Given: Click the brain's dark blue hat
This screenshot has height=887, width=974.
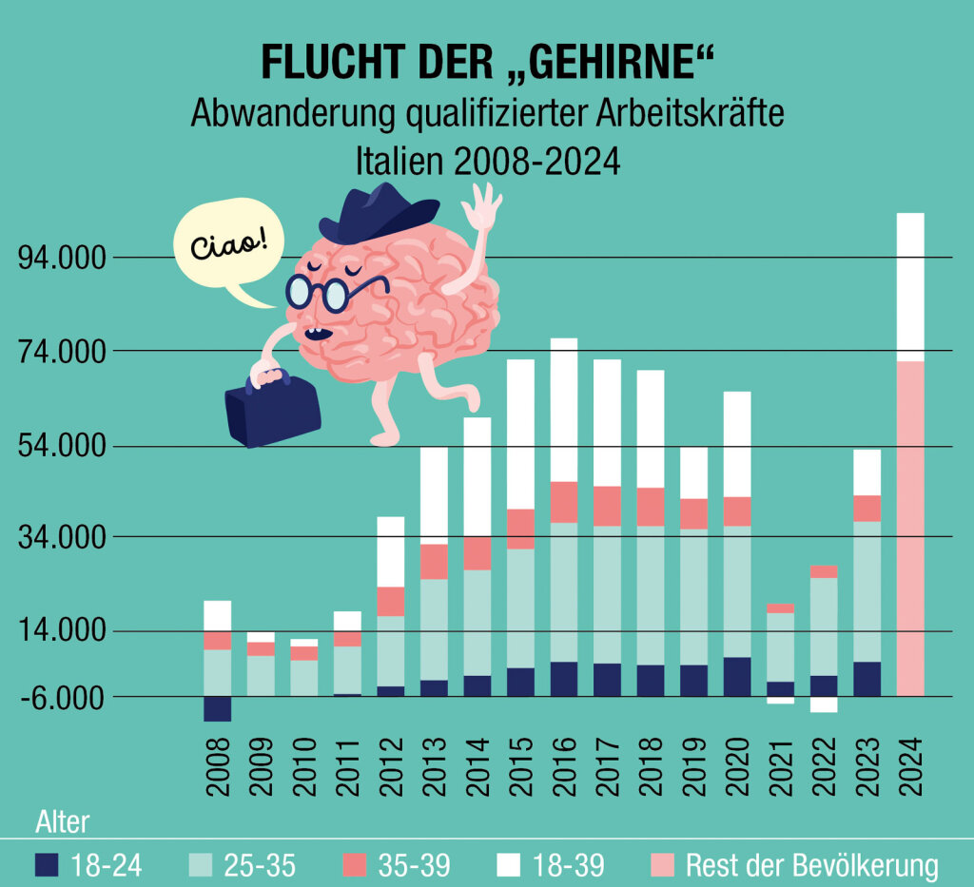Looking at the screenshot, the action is click(378, 213).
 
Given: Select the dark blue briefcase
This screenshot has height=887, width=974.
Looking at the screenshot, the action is click(272, 409).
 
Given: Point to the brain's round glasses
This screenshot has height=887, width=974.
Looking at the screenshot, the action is click(318, 293).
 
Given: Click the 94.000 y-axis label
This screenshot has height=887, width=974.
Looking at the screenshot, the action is click(62, 259).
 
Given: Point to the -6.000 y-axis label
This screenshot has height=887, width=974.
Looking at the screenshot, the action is click(62, 698).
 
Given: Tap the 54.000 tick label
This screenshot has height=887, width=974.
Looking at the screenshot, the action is click(62, 446).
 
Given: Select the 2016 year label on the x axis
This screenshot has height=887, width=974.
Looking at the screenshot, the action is click(564, 767).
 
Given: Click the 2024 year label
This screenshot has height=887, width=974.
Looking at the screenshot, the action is click(910, 767).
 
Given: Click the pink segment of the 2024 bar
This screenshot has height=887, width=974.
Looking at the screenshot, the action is click(910, 529).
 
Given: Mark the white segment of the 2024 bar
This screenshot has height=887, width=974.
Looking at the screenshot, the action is click(910, 287).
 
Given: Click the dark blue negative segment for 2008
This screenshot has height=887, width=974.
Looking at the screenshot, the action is click(218, 709).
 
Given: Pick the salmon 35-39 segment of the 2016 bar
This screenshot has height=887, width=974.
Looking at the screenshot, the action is click(564, 502).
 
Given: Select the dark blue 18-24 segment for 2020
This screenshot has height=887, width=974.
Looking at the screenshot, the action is click(737, 677).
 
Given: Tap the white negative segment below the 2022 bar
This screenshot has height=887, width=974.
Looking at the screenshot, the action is click(824, 704).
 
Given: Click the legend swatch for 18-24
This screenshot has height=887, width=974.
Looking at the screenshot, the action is click(47, 864).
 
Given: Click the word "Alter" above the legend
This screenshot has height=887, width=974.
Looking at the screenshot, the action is click(63, 821).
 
